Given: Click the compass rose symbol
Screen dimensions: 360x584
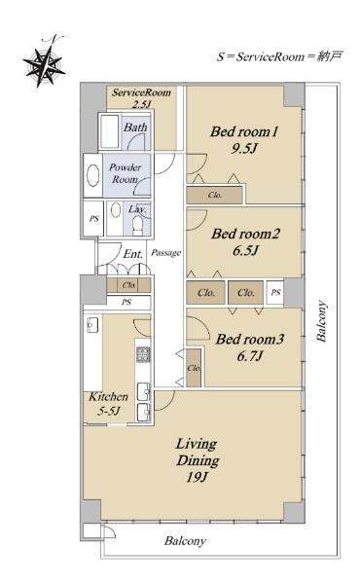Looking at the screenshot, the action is click(45, 63).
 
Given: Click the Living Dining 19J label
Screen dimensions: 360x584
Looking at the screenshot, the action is click(198, 460).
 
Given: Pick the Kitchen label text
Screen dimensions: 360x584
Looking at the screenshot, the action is click(108, 397).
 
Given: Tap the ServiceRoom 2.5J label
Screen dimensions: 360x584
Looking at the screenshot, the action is click(141, 98).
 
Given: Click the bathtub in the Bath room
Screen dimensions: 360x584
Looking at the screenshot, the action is click(109, 131).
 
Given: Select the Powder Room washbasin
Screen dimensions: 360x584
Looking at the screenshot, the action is click(92, 176).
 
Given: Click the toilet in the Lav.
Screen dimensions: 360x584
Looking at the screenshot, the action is click(138, 226).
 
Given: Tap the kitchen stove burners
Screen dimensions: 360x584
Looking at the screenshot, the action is click(143, 354).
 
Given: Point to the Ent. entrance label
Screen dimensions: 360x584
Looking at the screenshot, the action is click(133, 254).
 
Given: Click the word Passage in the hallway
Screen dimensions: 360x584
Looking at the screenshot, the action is click(166, 253).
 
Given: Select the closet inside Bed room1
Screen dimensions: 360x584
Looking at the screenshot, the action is click(215, 195).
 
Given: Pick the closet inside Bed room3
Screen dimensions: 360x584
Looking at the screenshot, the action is click(194, 368).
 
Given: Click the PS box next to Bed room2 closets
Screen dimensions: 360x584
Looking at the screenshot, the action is click(275, 292).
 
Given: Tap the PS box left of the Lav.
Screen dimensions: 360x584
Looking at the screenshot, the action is click(93, 218).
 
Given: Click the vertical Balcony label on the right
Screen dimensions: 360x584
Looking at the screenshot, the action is click(321, 320).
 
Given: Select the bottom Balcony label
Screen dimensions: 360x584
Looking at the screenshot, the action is click(185, 541).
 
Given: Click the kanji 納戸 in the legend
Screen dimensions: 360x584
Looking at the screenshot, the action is click(330, 56).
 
